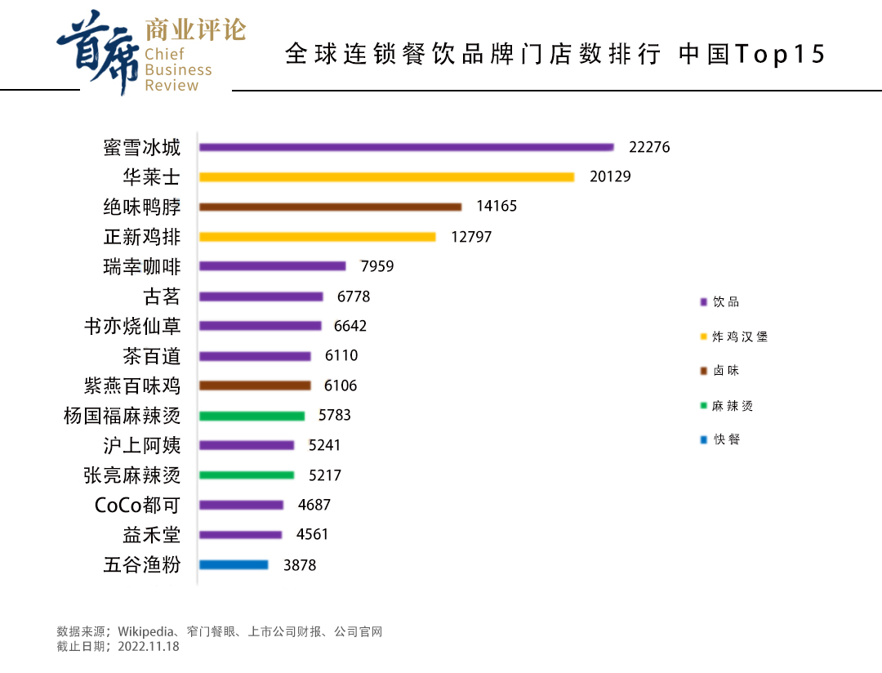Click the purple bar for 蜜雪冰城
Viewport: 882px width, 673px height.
(406, 147)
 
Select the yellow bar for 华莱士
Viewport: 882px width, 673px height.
(386, 176)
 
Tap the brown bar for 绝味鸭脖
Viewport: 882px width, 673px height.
(330, 207)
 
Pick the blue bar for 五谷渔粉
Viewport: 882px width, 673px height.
(234, 564)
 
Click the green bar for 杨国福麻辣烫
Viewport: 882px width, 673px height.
(252, 416)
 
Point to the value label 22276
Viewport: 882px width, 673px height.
(649, 147)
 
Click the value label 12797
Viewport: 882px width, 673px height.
(471, 237)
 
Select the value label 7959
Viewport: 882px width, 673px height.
(377, 266)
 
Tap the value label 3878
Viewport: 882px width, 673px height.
(300, 564)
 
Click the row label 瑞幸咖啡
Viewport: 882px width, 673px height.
(142, 266)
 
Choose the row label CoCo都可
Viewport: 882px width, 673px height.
(137, 506)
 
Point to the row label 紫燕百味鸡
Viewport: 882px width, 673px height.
(132, 386)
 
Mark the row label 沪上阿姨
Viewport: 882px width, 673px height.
(142, 446)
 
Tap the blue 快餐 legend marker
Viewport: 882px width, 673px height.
(703, 440)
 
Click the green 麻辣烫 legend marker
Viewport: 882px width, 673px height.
(703, 406)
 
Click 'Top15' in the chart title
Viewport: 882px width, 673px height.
(780, 55)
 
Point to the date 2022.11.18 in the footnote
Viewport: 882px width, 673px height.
(148, 646)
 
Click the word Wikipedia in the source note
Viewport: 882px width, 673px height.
(146, 631)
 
